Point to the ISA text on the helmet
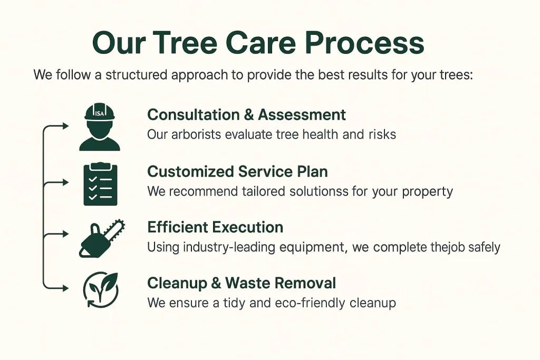[99, 113]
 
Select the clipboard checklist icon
[101, 184]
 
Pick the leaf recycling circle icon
[101, 290]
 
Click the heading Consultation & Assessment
[246, 114]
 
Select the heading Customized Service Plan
[237, 171]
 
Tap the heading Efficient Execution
[215, 227]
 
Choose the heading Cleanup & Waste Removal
[242, 283]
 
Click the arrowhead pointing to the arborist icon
[65, 126]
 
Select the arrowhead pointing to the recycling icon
[65, 288]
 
